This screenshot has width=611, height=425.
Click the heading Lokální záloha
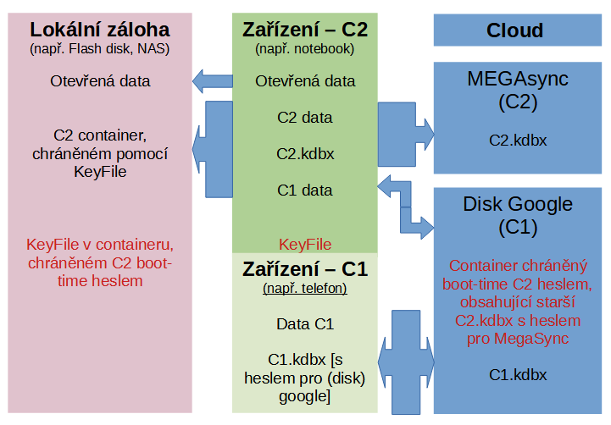point(99,29)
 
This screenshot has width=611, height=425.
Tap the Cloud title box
point(514,30)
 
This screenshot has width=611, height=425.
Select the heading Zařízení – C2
point(305,29)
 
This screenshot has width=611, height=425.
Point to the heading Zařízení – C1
point(305,270)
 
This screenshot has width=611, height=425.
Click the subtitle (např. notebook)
point(305,48)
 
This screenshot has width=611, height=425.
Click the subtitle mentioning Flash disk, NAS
point(99,48)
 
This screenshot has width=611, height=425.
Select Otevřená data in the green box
point(305,82)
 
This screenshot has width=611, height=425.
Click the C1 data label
point(305,190)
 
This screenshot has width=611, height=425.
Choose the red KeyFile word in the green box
point(305,245)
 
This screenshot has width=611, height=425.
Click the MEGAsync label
point(518,80)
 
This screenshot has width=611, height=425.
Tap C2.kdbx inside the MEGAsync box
point(518,141)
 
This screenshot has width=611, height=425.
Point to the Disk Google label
point(518,204)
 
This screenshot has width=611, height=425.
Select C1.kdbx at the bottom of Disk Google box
point(518,374)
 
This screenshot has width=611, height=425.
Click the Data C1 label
point(305,324)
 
